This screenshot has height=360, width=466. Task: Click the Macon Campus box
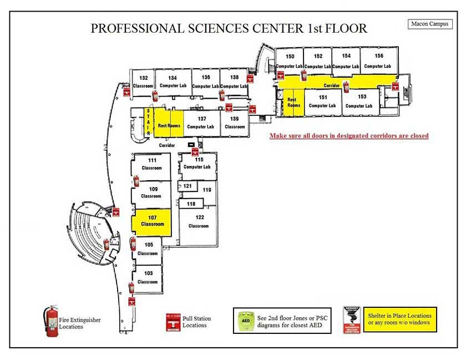(430, 24)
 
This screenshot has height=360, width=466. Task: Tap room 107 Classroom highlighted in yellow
(152, 221)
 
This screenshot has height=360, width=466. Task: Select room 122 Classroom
(199, 222)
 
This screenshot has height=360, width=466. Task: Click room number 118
(191, 204)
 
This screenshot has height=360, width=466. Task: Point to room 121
(188, 186)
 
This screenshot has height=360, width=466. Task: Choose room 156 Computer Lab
(379, 60)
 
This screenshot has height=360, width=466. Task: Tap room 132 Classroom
(143, 82)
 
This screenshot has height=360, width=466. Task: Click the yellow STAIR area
(148, 121)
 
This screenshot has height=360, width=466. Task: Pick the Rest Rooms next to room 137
(169, 125)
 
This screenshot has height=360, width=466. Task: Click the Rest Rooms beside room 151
(293, 102)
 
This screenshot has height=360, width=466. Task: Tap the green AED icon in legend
(245, 321)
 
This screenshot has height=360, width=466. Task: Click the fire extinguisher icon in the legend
(52, 321)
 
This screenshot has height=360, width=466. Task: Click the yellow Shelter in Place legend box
(399, 320)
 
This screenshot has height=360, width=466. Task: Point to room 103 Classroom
(148, 277)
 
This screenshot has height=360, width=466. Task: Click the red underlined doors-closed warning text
(348, 135)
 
